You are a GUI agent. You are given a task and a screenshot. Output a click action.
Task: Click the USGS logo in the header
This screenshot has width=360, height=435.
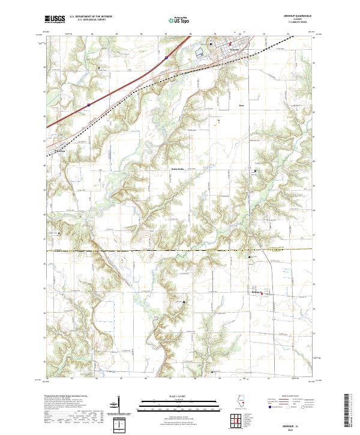(x=55, y=19)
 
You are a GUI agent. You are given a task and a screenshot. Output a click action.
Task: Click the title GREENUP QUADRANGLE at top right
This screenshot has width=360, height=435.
(x=293, y=17)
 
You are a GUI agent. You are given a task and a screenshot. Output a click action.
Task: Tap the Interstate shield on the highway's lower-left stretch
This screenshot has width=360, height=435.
(x=88, y=104)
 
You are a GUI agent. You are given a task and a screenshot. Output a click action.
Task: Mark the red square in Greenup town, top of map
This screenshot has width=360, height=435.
(x=230, y=44)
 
